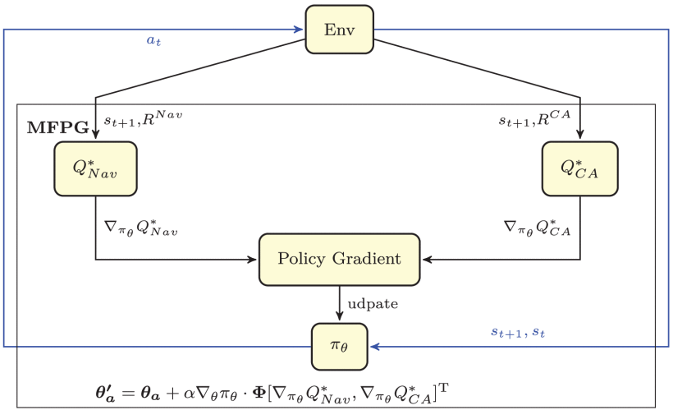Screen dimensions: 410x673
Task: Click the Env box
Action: click(339, 30)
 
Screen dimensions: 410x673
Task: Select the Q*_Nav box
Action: click(95, 168)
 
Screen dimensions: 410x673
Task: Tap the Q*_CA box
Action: click(580, 168)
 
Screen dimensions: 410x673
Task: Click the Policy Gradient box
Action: click(339, 259)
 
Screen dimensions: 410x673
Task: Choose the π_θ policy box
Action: click(339, 345)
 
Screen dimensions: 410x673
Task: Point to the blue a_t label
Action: click(153, 40)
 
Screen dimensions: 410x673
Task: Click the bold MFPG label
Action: click(57, 128)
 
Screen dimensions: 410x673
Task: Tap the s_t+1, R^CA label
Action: click(534, 118)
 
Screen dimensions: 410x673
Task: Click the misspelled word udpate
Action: click(373, 303)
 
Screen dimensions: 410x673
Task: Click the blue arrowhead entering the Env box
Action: click(300, 30)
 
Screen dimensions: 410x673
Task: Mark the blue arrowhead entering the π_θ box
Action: click(373, 346)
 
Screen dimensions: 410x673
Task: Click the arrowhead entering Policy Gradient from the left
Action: click(254, 260)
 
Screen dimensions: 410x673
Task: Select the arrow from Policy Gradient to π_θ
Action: click(339, 303)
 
